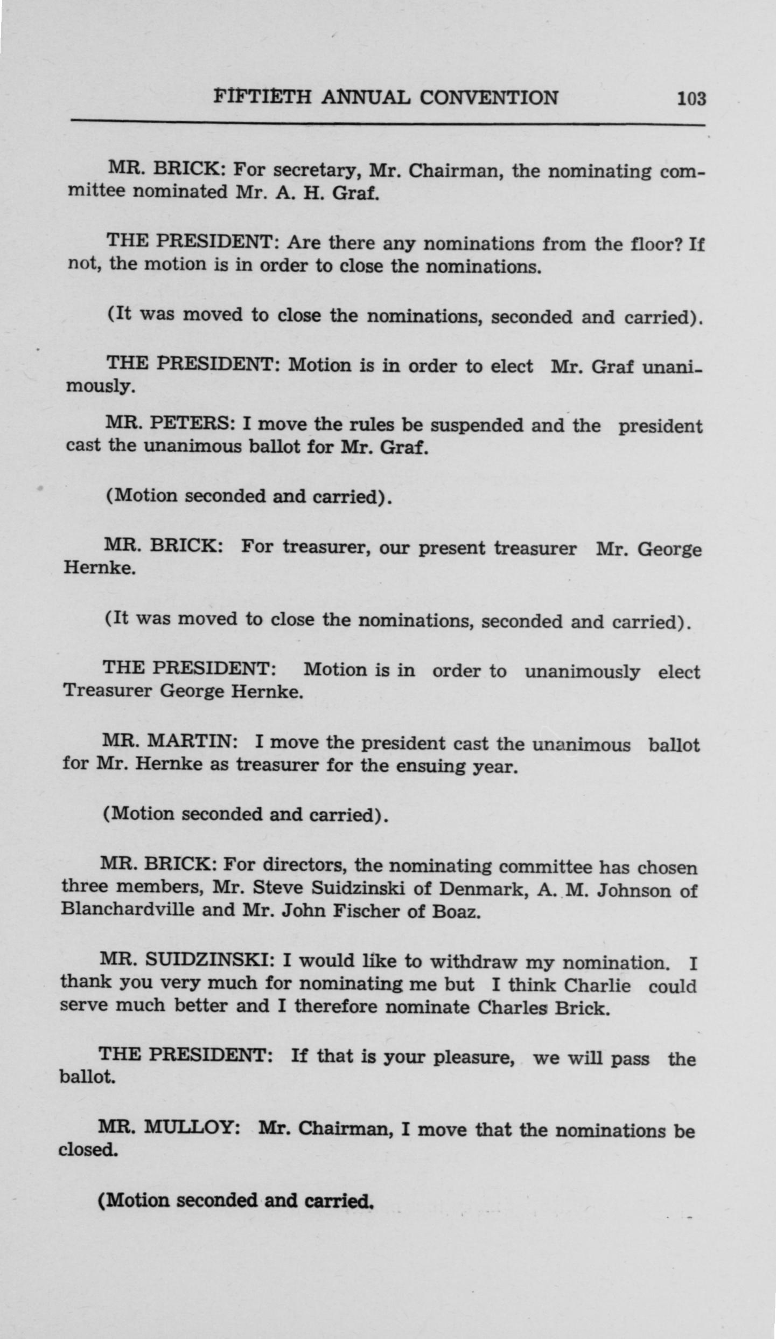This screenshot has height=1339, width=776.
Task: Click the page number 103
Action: pos(691,99)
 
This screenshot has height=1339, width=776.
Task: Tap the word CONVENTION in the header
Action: pos(488,98)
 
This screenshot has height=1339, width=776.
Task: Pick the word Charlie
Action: pos(597,986)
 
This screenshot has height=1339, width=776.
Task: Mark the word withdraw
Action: pos(473,962)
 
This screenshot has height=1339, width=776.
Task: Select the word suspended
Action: pos(477,426)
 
